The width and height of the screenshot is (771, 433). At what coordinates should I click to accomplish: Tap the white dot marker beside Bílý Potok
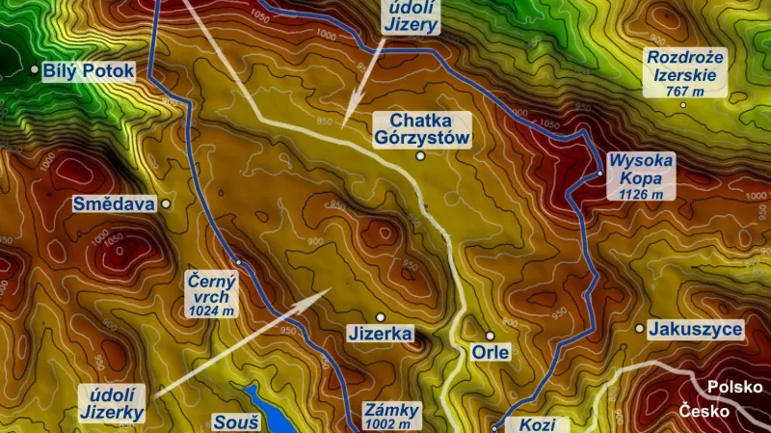tap(35, 69)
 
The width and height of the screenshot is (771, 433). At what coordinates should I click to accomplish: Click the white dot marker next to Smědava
tap(166, 204)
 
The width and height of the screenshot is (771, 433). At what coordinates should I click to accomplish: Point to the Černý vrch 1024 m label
tap(211, 293)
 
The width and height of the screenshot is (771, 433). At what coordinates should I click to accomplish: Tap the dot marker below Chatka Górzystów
tap(420, 155)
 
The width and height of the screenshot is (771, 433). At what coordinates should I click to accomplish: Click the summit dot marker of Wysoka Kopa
tap(599, 174)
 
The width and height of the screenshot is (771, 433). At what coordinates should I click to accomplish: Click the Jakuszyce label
tap(696, 329)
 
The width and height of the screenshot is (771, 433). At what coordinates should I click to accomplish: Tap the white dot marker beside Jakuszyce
tap(639, 329)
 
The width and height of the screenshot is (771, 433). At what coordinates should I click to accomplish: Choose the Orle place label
tap(490, 352)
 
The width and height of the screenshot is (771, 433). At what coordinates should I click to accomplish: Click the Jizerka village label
tap(380, 336)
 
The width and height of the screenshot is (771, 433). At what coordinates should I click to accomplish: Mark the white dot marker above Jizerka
tap(380, 316)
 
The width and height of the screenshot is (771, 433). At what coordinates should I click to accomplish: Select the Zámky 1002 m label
tap(393, 415)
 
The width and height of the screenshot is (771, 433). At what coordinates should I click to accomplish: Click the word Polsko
tap(734, 387)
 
